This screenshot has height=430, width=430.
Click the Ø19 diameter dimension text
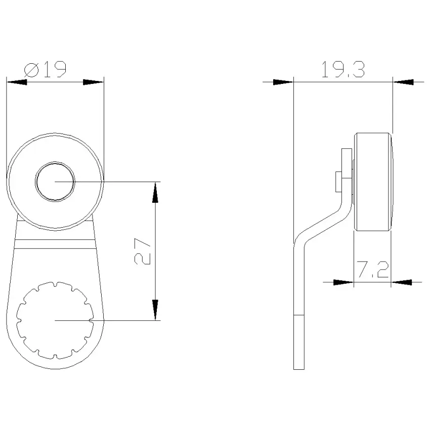[x=45, y=69]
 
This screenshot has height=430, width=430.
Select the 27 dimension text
[x=143, y=251]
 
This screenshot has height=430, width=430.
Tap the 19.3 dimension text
[x=343, y=69]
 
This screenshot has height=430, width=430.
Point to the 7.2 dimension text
[x=372, y=270]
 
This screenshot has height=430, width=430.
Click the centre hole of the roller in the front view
[x=55, y=181]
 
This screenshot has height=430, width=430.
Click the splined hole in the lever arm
[x=55, y=320]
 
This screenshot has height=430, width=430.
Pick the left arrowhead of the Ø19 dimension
[x=17, y=82]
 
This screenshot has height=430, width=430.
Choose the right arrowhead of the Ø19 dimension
[x=93, y=82]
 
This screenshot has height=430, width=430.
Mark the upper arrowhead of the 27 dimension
[x=155, y=192]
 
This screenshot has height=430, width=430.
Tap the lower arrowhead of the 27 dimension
[x=155, y=310]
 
